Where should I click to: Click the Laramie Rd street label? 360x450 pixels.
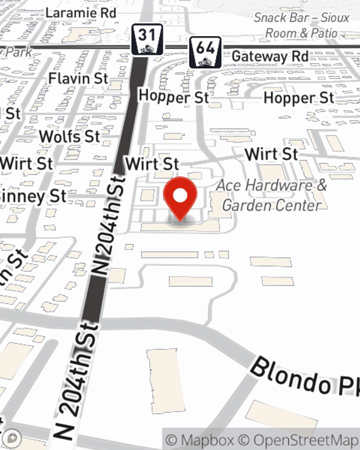pyautogui.click(x=81, y=13)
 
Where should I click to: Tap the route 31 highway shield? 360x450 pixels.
pyautogui.click(x=147, y=39)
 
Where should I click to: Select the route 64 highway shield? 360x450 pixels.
pyautogui.click(x=205, y=52)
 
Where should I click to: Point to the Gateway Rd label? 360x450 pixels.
pyautogui.click(x=270, y=57)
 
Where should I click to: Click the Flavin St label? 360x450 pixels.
pyautogui.click(x=78, y=78)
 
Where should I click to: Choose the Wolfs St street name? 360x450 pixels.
pyautogui.click(x=69, y=137)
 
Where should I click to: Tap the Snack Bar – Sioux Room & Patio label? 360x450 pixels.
pyautogui.click(x=302, y=25)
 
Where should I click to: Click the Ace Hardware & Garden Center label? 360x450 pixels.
pyautogui.click(x=271, y=195)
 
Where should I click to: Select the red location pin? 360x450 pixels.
pyautogui.click(x=180, y=198)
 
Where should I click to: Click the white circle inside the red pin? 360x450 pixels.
pyautogui.click(x=180, y=196)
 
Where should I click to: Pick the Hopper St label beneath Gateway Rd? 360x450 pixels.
pyautogui.click(x=299, y=98)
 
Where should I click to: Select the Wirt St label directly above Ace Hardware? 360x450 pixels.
pyautogui.click(x=271, y=154)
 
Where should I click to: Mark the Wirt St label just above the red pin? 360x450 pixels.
pyautogui.click(x=152, y=164)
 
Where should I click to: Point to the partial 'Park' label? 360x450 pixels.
pyautogui.click(x=16, y=52)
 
